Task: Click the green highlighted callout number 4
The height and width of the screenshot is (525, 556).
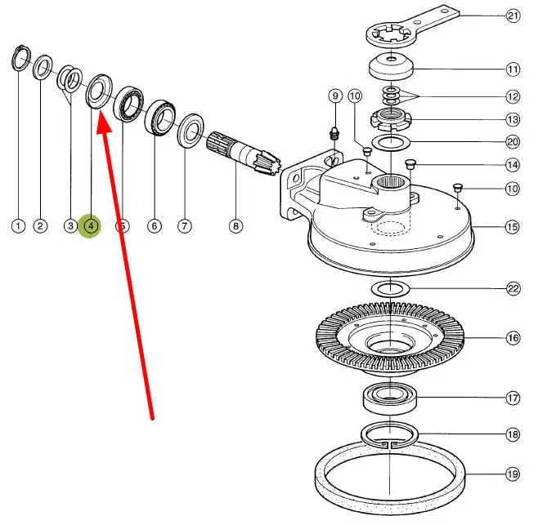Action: pos(91,225)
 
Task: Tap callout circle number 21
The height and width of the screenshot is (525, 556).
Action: pos(513,16)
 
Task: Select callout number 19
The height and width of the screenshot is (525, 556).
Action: pos(513,473)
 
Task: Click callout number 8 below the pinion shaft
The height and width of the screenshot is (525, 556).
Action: pos(235,225)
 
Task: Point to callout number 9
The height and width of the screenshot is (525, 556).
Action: pos(334,96)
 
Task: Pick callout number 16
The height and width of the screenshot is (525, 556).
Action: pos(513,337)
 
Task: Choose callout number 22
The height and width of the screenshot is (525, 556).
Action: pos(513,288)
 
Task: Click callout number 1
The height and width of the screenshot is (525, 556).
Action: pos(18,225)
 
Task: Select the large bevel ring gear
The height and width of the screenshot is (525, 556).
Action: pos(390,337)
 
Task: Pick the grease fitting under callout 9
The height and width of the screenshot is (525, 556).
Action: pos(334,132)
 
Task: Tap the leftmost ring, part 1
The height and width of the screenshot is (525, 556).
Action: pos(20,60)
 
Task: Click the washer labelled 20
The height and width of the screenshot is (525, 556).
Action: pos(392,143)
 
